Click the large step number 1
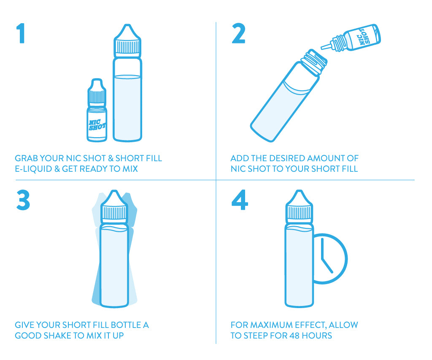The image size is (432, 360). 21,33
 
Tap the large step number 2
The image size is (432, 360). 239,33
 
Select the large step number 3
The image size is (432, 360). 23,200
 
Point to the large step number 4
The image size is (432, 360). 240,200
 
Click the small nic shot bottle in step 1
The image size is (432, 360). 97,110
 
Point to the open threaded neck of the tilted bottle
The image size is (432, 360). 314,62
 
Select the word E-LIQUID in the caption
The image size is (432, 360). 33,169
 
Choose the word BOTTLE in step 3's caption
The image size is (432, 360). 126,325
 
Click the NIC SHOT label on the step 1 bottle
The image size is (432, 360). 97,125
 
